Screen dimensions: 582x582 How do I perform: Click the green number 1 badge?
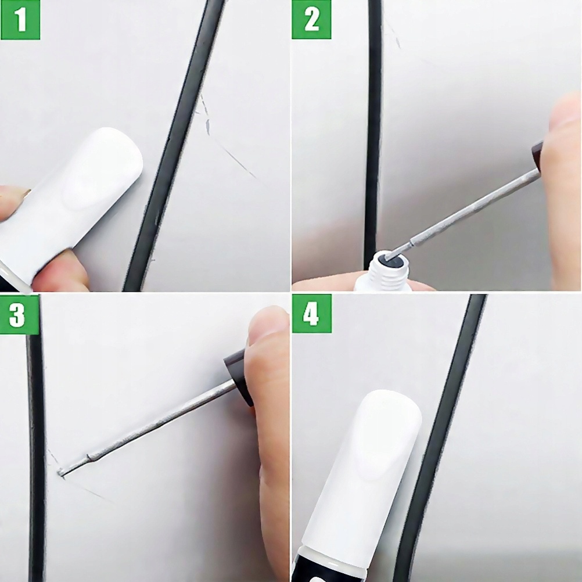(20, 20)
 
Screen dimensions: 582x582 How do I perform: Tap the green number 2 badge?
(311, 20)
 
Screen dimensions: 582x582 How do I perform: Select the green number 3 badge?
(19, 315)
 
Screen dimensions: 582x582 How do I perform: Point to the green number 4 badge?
(312, 314)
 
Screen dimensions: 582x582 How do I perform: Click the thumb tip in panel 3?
(267, 326)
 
